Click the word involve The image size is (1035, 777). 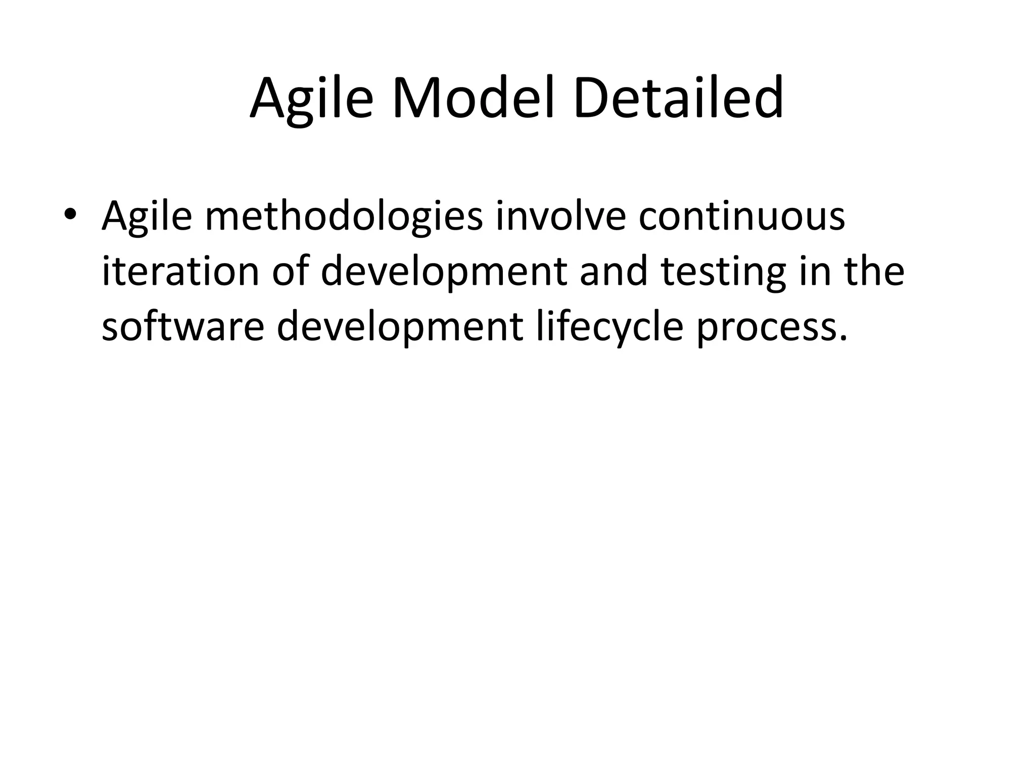[x=560, y=215]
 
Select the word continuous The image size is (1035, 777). [x=741, y=215]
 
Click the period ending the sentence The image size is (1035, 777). [x=842, y=338]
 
